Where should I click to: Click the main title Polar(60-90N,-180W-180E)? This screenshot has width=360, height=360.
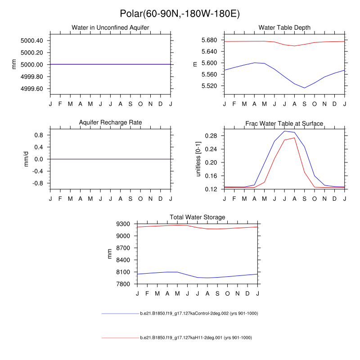point(180,14)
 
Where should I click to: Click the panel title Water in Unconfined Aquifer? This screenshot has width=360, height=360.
point(110,28)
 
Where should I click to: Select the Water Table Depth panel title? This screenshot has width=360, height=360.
point(284,28)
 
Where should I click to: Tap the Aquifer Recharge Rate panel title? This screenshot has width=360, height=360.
point(110,122)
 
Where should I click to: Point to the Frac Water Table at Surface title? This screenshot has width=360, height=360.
point(284,123)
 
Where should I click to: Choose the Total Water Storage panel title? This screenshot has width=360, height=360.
point(198,217)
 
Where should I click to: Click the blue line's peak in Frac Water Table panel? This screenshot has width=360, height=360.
point(285,131)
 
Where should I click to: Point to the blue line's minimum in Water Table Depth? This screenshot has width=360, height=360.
point(305,88)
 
